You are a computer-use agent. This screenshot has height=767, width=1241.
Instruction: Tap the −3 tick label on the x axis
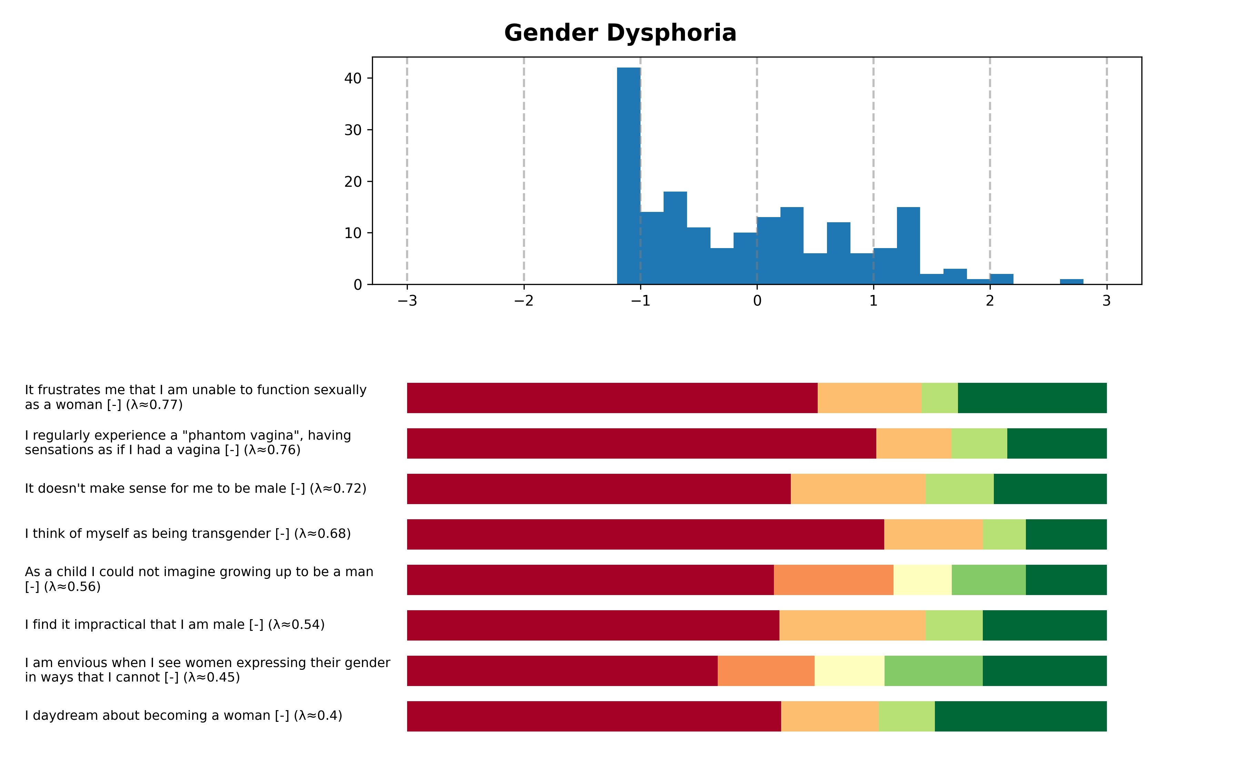click(407, 301)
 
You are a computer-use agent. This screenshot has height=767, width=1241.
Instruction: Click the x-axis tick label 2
click(989, 301)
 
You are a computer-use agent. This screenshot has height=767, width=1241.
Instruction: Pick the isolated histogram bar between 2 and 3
click(1071, 282)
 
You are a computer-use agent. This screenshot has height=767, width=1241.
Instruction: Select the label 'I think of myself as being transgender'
click(188, 534)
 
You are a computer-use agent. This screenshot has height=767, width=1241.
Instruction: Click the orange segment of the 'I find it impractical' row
click(852, 625)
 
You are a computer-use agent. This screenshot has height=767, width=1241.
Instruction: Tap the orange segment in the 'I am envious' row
click(766, 671)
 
